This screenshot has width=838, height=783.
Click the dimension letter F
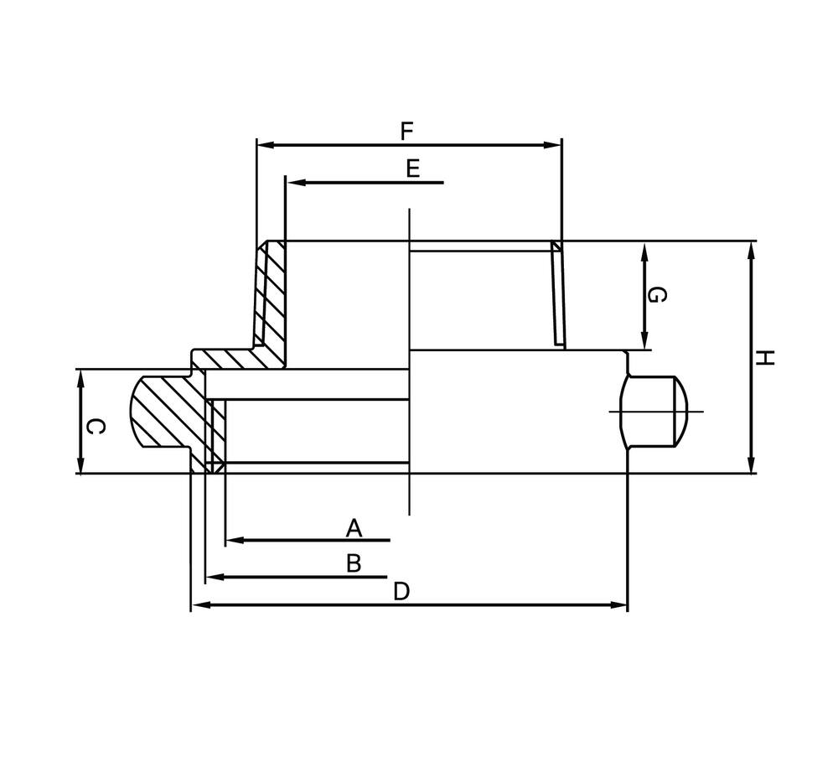point(407,131)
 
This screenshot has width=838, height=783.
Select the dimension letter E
point(412,169)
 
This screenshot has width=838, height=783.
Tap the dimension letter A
point(354,528)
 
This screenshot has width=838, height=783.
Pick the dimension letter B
point(354,563)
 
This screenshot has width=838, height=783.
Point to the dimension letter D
point(401,592)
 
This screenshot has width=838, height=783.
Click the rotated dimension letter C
point(96,427)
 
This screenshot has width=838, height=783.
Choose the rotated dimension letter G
point(659,295)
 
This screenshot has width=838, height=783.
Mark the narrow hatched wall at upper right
point(557,293)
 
